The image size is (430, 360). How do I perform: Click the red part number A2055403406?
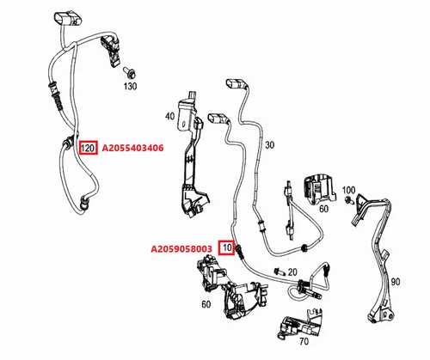(132, 148)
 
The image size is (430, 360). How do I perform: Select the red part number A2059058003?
(181, 249)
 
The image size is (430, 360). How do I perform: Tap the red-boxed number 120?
(88, 148)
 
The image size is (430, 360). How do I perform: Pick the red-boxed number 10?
(227, 247)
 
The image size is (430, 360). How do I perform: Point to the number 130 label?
(130, 86)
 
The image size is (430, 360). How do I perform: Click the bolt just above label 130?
(129, 72)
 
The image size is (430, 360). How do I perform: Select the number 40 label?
(170, 116)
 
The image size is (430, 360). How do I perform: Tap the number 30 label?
(269, 145)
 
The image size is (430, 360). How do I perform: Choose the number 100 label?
(348, 190)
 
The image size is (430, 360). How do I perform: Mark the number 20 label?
(292, 272)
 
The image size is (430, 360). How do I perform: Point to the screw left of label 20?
(279, 271)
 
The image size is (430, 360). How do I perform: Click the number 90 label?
(396, 282)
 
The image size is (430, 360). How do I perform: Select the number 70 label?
(304, 341)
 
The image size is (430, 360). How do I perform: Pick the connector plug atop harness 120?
(69, 19)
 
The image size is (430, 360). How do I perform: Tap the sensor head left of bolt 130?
(111, 51)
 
